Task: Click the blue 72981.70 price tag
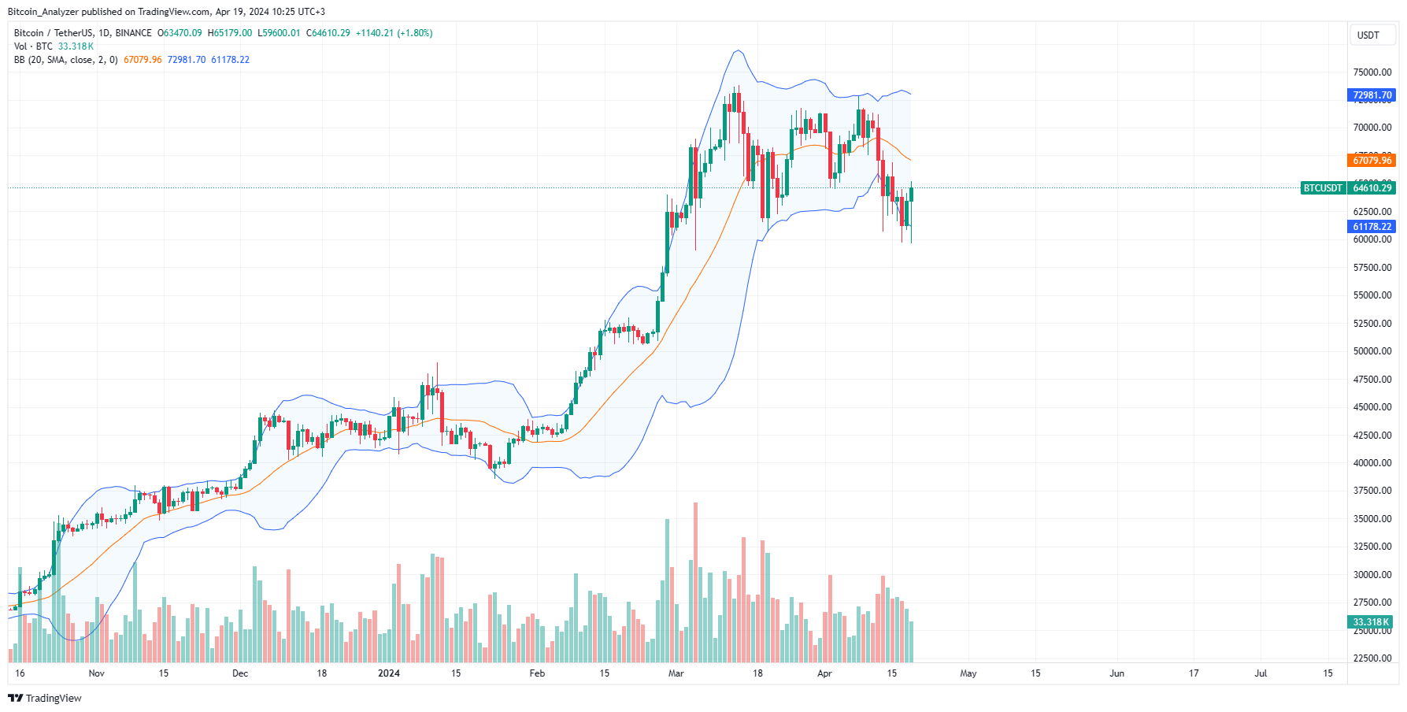(x=1372, y=95)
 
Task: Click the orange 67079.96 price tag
(x=1372, y=161)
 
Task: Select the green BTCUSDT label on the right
(x=1323, y=188)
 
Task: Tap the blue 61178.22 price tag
(x=1372, y=227)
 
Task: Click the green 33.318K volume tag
(x=1371, y=622)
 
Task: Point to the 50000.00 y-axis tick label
(x=1372, y=351)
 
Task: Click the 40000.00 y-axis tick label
(x=1372, y=463)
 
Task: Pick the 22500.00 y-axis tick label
(x=1372, y=658)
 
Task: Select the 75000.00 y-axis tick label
(x=1372, y=72)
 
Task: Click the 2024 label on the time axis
(x=389, y=673)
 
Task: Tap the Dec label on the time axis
(x=240, y=673)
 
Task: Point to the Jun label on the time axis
(x=1116, y=673)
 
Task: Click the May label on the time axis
(x=968, y=673)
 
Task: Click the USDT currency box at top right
(x=1368, y=35)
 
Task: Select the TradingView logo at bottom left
(x=45, y=699)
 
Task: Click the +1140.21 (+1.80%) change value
(x=394, y=33)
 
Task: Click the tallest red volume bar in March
(x=695, y=583)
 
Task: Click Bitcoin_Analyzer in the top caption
(x=43, y=12)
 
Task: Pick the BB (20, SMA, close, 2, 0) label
(x=65, y=60)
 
